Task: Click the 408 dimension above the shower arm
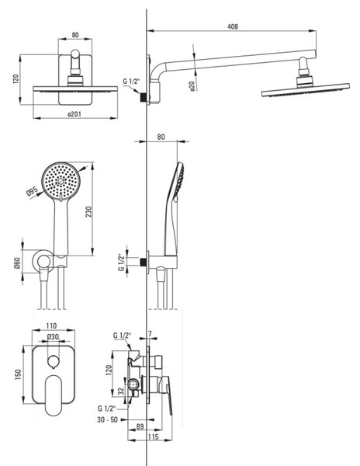[x=233, y=26]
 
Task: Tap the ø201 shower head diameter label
[x=74, y=114]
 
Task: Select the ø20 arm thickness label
[x=192, y=86]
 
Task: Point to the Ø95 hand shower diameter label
[x=32, y=191]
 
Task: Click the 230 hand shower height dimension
[x=88, y=211]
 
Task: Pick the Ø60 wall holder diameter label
[x=17, y=263]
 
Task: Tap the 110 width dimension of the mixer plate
[x=51, y=326]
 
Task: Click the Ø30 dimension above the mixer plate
[x=53, y=337]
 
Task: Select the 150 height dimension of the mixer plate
[x=18, y=374]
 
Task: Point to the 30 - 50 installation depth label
[x=107, y=420]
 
